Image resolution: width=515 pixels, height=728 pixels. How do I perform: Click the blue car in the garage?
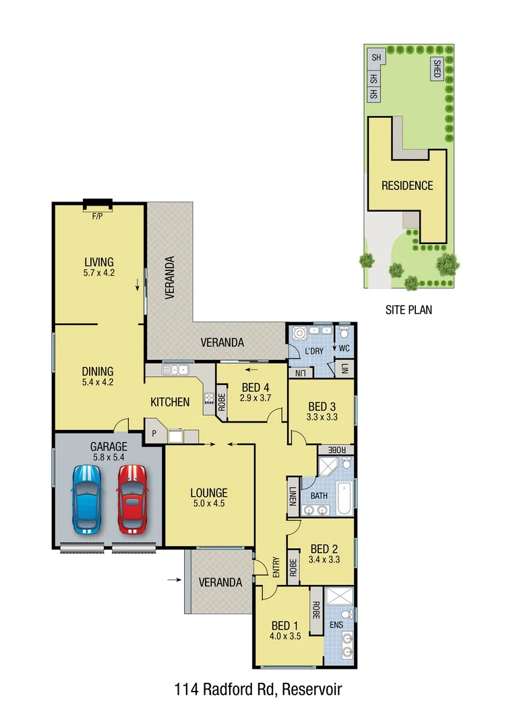(87, 499)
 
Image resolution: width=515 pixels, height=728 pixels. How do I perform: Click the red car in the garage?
(132, 499)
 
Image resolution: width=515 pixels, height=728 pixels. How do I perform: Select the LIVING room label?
(98, 262)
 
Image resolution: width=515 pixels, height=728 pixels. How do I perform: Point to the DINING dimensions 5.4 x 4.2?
(98, 382)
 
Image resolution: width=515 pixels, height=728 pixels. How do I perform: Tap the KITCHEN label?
(169, 402)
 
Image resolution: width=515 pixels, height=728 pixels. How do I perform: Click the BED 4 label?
(255, 388)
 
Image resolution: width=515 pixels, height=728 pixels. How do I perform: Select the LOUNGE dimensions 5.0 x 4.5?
(208, 504)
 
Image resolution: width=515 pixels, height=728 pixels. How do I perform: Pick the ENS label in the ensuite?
(336, 625)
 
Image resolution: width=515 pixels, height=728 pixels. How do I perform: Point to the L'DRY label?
(315, 351)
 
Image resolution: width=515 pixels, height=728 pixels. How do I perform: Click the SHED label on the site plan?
(437, 69)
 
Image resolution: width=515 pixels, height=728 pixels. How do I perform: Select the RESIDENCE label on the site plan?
(407, 185)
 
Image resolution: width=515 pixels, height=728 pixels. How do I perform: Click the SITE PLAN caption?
(408, 310)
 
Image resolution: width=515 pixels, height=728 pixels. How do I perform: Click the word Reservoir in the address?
(313, 690)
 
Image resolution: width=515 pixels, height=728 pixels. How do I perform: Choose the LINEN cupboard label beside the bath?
(293, 499)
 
